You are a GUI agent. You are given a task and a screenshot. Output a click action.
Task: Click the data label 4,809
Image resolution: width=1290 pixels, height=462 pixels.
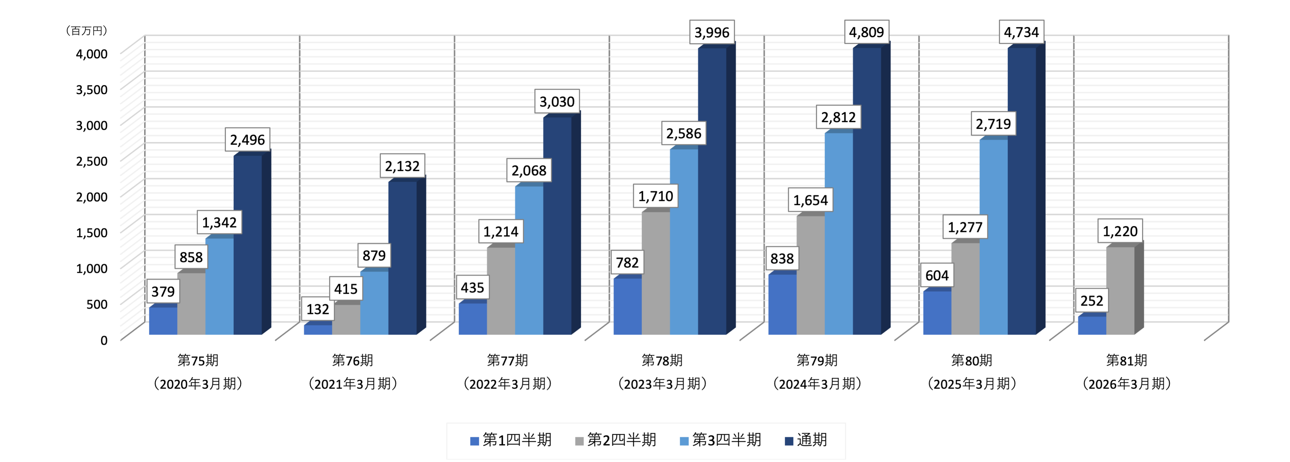pos(866,32)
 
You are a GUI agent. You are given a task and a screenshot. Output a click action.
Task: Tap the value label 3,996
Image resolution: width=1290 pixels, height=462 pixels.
pos(711,32)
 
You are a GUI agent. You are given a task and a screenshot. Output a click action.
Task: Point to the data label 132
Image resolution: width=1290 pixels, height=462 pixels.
pos(318,309)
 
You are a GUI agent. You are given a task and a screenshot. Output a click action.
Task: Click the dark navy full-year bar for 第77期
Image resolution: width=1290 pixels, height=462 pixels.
pos(557,225)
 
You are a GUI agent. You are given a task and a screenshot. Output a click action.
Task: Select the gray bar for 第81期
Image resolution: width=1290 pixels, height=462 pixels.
pos(1120,290)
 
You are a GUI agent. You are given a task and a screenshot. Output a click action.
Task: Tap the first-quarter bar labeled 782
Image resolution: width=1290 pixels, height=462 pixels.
pos(627,306)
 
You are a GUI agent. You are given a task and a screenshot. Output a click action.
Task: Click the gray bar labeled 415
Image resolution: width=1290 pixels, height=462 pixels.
pos(346,319)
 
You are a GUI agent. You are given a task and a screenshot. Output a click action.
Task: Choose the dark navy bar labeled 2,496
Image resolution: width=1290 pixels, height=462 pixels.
pos(247,245)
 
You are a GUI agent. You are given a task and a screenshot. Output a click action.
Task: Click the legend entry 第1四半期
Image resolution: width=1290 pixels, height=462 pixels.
pos(511,440)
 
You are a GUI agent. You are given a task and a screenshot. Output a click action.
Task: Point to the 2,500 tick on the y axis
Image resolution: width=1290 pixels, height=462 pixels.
pos(92,161)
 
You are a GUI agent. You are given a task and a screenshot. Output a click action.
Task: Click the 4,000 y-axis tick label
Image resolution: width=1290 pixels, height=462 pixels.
pos(92,54)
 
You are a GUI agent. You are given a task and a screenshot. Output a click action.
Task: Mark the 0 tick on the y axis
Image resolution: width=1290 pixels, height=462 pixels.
pos(104,340)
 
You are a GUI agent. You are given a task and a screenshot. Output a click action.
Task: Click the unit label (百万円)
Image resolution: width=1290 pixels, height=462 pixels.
pos(87,31)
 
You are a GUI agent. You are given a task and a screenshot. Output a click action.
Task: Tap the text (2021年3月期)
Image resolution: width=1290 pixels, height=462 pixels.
pos(353,384)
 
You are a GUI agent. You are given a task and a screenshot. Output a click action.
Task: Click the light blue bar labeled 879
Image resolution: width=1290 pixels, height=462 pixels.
pos(374,303)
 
